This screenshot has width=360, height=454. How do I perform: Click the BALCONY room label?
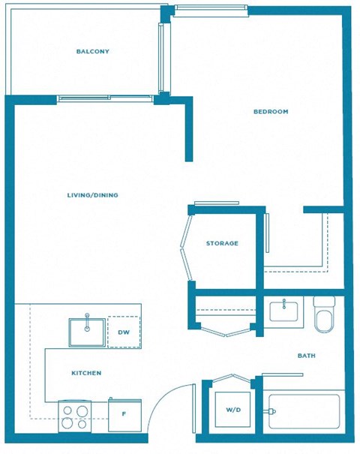pyautogui.click(x=93, y=52)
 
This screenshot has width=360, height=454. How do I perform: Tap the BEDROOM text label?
pyautogui.click(x=271, y=112)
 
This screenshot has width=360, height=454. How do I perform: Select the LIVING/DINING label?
pyautogui.click(x=93, y=195)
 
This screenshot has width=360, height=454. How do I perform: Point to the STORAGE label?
pyautogui.click(x=222, y=243)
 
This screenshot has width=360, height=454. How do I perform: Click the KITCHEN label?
pyautogui.click(x=86, y=373)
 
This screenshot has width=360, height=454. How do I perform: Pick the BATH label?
pyautogui.click(x=306, y=356)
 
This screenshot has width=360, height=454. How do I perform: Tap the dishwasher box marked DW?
pyautogui.click(x=124, y=332)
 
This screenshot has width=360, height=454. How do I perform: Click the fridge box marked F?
pyautogui.click(x=124, y=415)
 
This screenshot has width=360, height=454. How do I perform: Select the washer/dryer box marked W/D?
pyautogui.click(x=232, y=410)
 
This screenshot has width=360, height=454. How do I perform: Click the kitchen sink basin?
pyautogui.click(x=87, y=332)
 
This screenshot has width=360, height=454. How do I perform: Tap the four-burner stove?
pyautogui.click(x=74, y=416)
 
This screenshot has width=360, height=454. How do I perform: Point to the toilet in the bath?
pyautogui.click(x=324, y=315)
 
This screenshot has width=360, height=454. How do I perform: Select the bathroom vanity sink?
pyautogui.click(x=286, y=311)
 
